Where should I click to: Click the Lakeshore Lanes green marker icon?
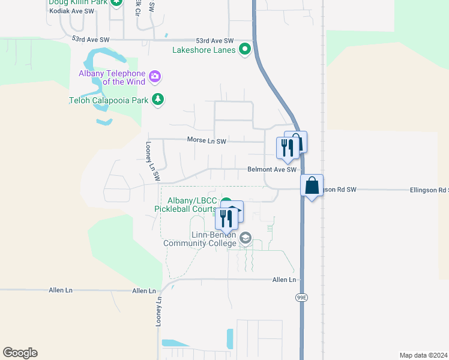245,50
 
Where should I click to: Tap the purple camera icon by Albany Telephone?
155,76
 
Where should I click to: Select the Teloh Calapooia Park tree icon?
158,100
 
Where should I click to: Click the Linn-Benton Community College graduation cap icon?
245,239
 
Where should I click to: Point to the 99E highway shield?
301,296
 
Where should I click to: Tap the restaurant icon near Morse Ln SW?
287,148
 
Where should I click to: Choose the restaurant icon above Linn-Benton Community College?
226,218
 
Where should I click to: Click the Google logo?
20,353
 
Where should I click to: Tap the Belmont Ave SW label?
272,170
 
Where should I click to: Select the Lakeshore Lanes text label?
204,50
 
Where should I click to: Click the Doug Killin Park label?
78,3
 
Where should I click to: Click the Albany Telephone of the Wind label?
113,77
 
